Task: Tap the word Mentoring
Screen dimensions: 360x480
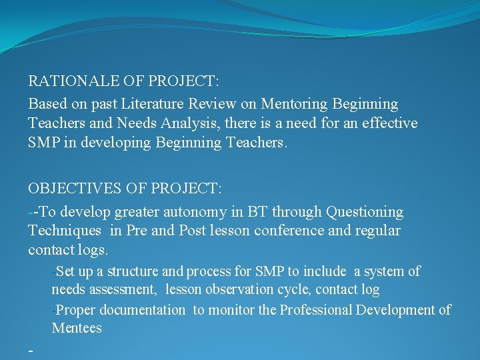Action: pyautogui.click(x=294, y=104)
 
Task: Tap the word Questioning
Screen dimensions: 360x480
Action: pyautogui.click(x=365, y=212)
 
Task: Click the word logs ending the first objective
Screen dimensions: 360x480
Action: pyautogui.click(x=93, y=250)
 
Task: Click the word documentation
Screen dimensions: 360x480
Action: pyautogui.click(x=143, y=310)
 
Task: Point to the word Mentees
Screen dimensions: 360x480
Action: pyautogui.click(x=77, y=328)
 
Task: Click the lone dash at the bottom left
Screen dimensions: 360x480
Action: pyautogui.click(x=30, y=349)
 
